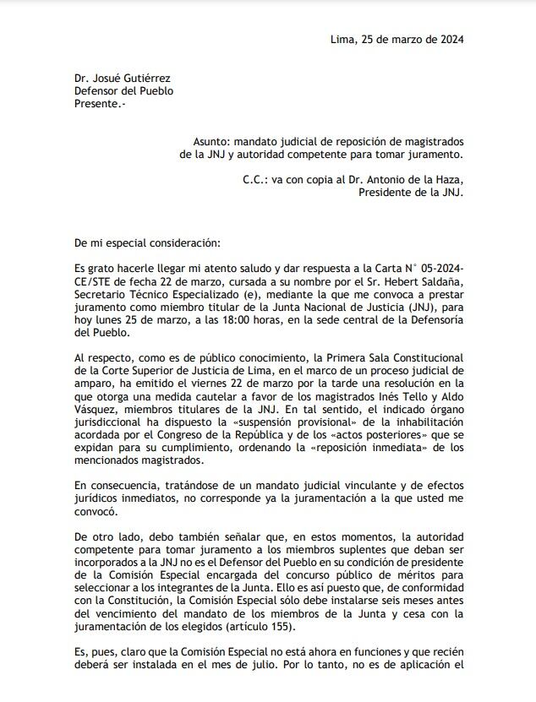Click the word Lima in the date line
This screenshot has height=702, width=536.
[x=342, y=39]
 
